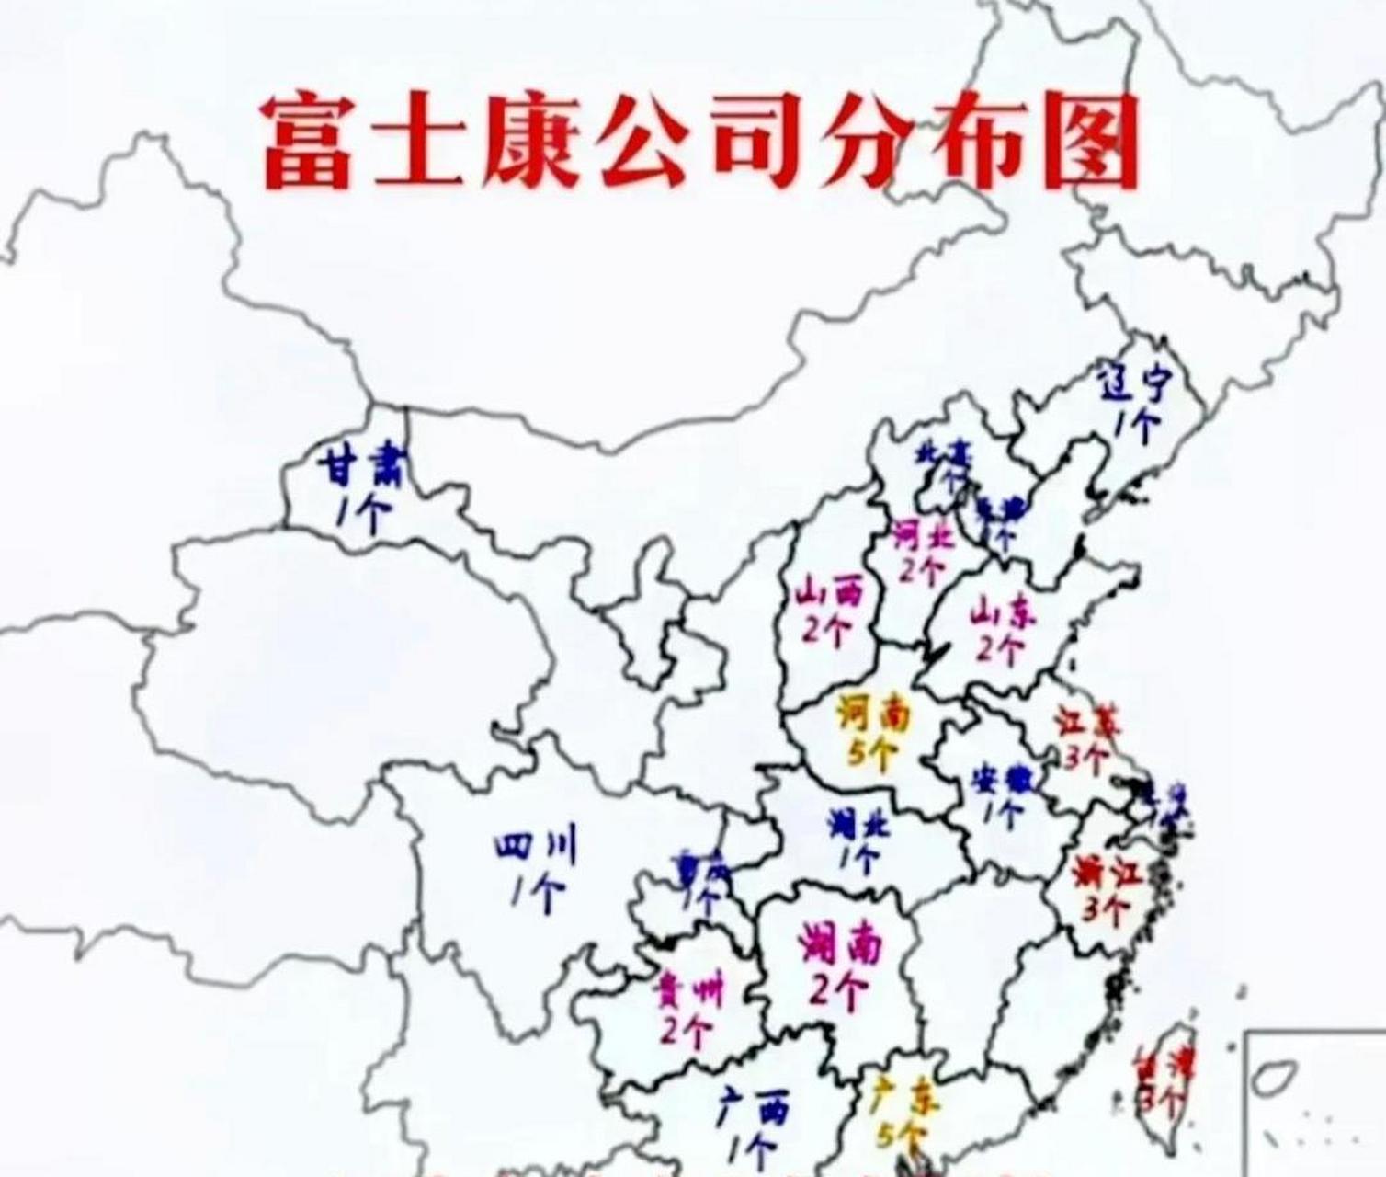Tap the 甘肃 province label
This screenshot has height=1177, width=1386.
click(358, 469)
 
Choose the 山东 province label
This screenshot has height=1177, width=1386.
click(996, 611)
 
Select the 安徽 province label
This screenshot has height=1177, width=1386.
click(1003, 779)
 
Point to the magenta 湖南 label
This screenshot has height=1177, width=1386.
click(840, 943)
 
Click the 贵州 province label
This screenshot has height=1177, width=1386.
click(688, 993)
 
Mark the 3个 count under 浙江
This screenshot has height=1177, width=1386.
click(1104, 910)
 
